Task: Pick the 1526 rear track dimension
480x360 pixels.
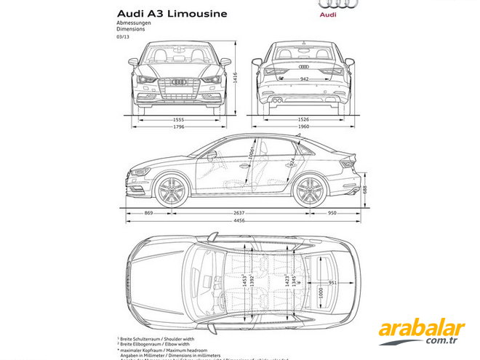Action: pyautogui.click(x=304, y=119)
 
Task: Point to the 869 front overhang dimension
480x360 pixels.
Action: pyautogui.click(x=148, y=213)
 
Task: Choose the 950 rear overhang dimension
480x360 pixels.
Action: pyautogui.click(x=332, y=213)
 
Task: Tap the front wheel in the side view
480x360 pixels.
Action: pyautogui.click(x=171, y=191)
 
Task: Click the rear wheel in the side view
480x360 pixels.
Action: pyautogui.click(x=308, y=191)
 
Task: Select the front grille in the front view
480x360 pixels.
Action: pyautogui.click(x=180, y=86)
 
